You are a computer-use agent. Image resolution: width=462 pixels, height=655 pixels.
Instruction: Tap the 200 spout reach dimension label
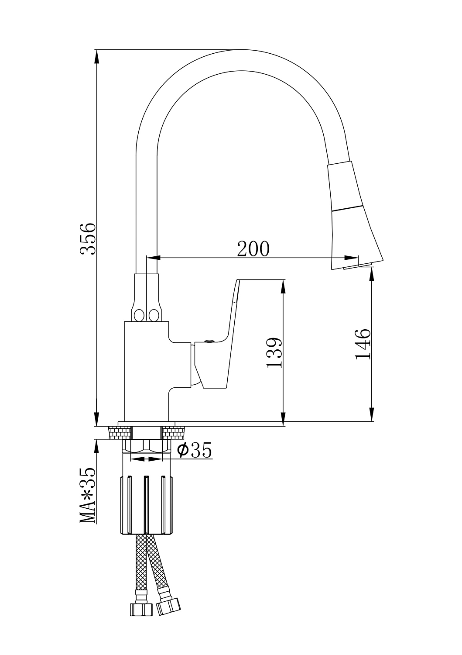tap(253, 248)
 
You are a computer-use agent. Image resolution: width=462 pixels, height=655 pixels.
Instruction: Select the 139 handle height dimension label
tap(274, 353)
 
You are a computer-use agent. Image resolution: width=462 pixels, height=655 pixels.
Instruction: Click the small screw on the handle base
tap(209, 340)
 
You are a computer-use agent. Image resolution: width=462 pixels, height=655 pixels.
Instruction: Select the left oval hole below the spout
tap(139, 315)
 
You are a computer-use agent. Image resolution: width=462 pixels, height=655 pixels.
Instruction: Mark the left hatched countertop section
tap(120, 432)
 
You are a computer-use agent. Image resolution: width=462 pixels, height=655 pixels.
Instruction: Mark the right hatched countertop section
tap(174, 432)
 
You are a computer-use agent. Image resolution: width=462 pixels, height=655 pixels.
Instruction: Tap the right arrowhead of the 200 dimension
tap(351, 258)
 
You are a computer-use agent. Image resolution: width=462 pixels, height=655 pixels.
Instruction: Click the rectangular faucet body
tap(147, 371)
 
